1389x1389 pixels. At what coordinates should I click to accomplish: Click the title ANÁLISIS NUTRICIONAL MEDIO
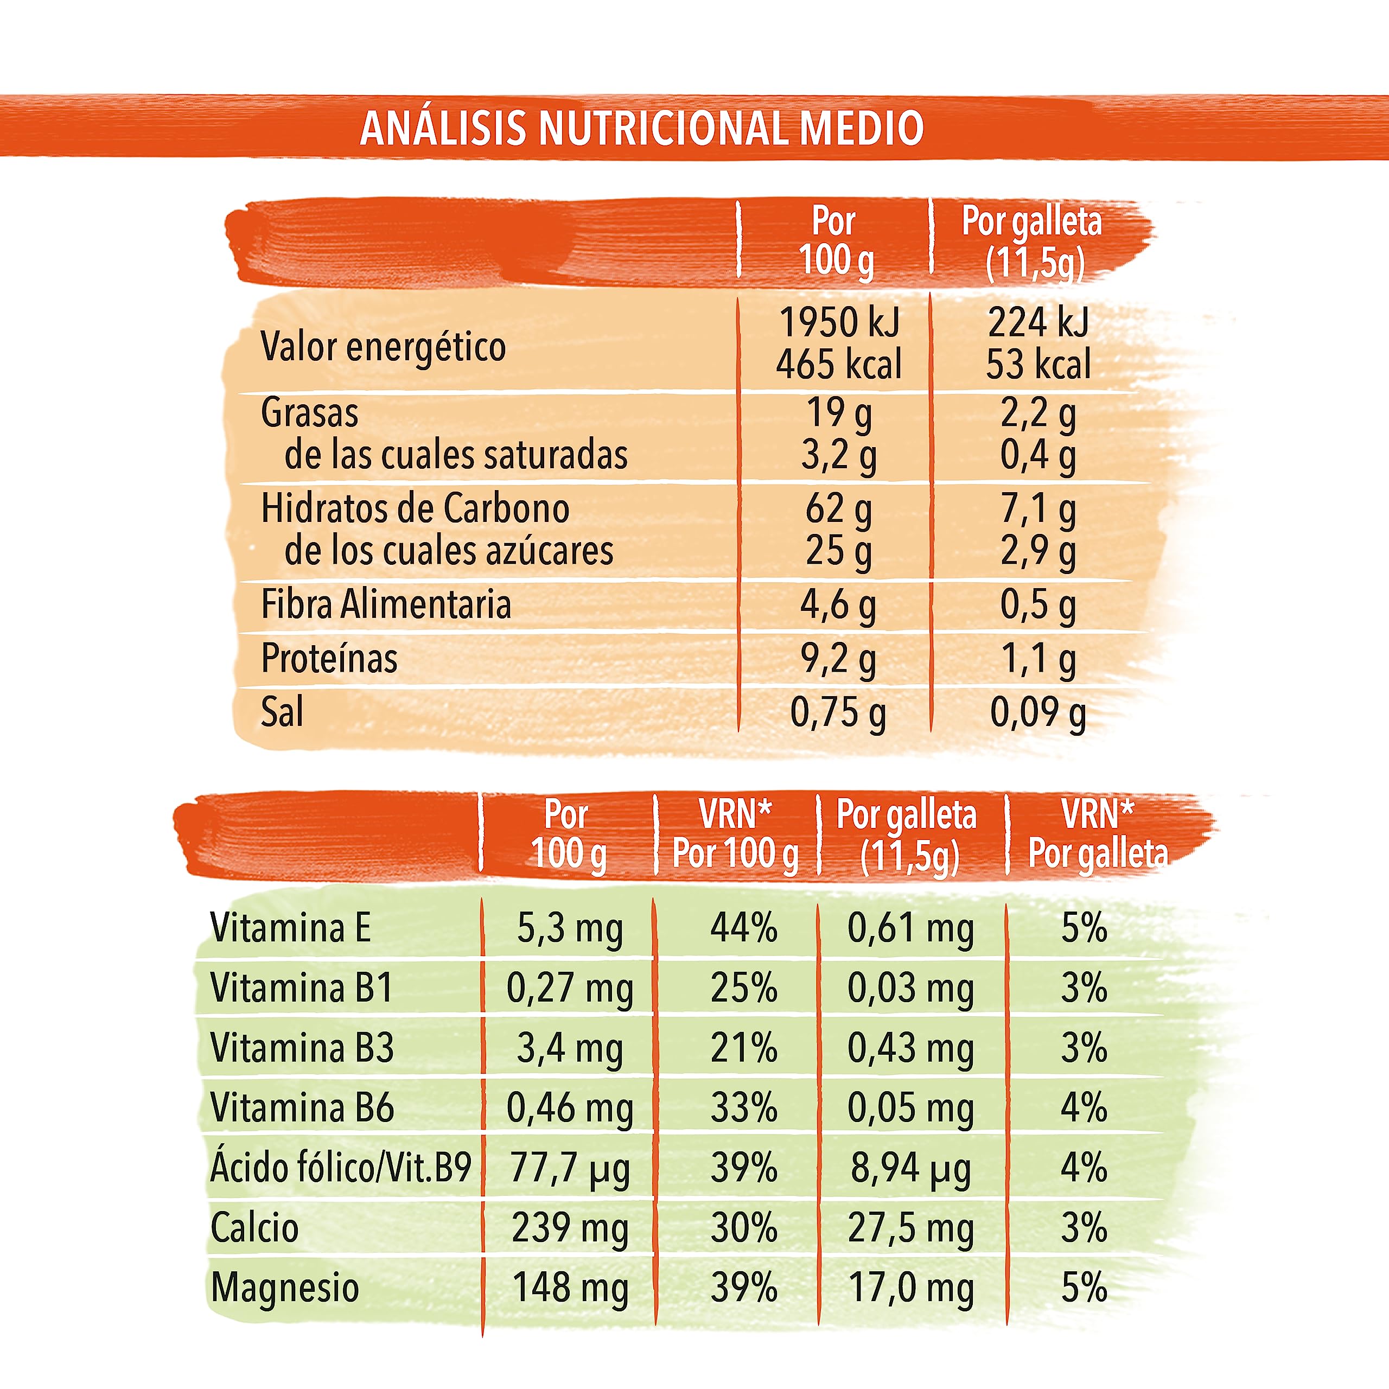(642, 128)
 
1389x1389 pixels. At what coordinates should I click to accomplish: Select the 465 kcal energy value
(838, 364)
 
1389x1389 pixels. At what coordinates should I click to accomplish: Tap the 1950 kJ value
(840, 322)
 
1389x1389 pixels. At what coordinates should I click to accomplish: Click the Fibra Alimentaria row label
(386, 604)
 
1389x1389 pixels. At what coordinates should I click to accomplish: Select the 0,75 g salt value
(838, 715)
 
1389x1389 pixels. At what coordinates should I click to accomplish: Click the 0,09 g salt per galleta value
(1038, 715)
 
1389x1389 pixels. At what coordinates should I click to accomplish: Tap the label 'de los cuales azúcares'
(449, 551)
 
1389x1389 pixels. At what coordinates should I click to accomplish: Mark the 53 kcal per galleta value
(1038, 364)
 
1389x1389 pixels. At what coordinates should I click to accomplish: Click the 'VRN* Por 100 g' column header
(736, 834)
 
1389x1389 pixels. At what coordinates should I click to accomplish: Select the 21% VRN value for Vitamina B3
(744, 1048)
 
